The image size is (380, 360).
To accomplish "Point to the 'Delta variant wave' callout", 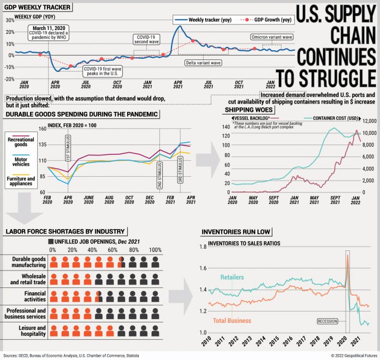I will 201,63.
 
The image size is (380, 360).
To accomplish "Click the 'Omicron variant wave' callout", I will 272,37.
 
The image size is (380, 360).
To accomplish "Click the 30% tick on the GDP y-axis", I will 10,20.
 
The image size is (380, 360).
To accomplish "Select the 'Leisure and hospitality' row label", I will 26,331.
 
